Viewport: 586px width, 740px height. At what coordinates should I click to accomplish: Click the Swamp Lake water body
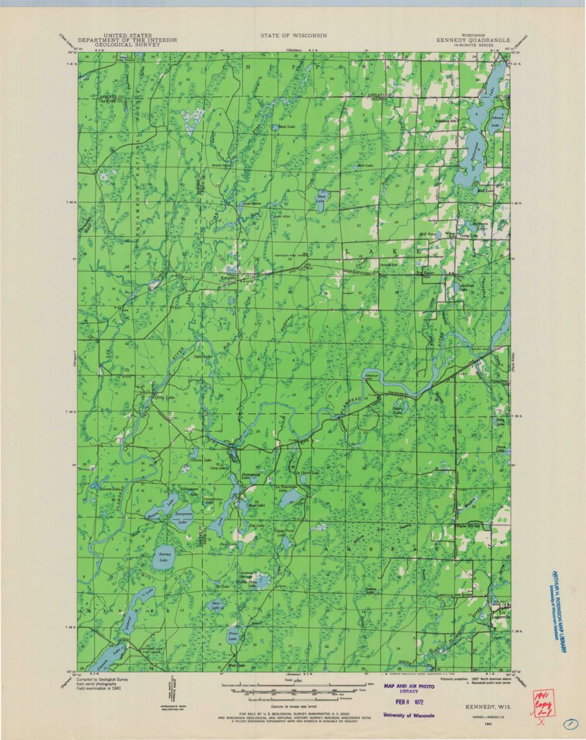[x=163, y=557]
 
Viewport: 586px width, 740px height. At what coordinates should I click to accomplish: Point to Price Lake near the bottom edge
[x=232, y=636]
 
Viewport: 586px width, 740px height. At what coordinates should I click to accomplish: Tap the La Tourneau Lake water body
[x=290, y=498]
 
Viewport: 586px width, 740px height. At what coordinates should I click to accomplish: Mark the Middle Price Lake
[x=261, y=581]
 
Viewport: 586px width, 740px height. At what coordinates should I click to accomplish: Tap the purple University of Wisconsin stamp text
[x=409, y=715]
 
